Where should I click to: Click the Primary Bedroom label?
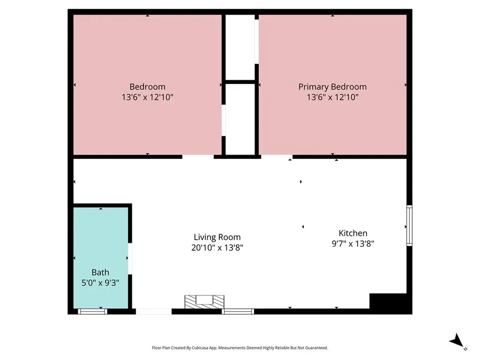332,87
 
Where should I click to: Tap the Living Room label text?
217,237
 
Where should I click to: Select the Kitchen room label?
353,233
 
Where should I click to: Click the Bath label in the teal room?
100,272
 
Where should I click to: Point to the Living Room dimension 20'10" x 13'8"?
217,247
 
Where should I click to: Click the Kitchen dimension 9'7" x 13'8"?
353,243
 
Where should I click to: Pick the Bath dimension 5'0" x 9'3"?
100,283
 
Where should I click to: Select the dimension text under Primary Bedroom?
332,97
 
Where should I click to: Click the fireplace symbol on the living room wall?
204,301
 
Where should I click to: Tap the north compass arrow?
457,341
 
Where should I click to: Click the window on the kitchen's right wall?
409,225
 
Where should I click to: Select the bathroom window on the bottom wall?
92,311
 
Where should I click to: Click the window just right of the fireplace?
238,311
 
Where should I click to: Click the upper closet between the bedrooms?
240,47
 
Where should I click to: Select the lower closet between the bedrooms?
240,119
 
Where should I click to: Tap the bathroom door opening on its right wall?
130,258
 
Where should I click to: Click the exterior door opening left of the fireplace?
154,311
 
